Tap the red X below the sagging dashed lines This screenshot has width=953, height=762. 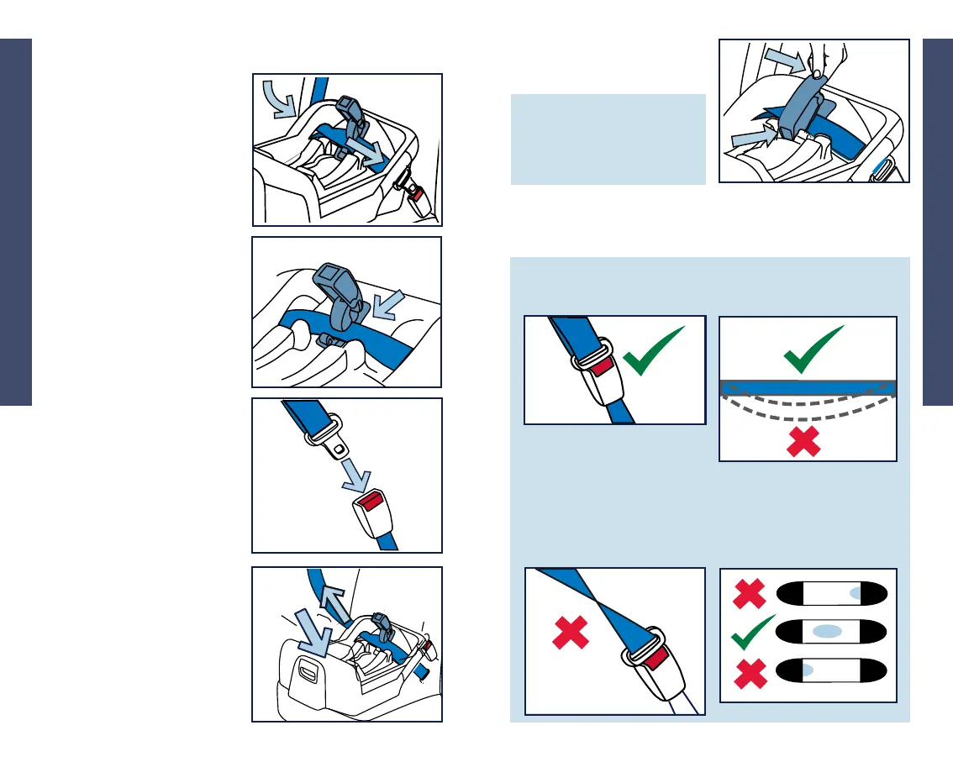[803, 442]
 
